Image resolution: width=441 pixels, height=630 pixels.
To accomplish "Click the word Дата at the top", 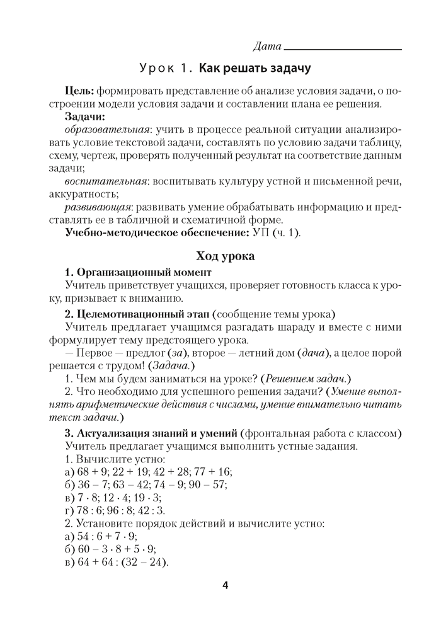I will click(266, 46).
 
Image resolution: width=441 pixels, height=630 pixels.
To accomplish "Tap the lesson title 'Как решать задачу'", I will click(255, 67).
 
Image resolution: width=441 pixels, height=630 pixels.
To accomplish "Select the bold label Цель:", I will click(79, 91).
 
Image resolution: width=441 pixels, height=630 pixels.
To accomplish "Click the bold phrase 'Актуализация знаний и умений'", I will click(156, 433).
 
